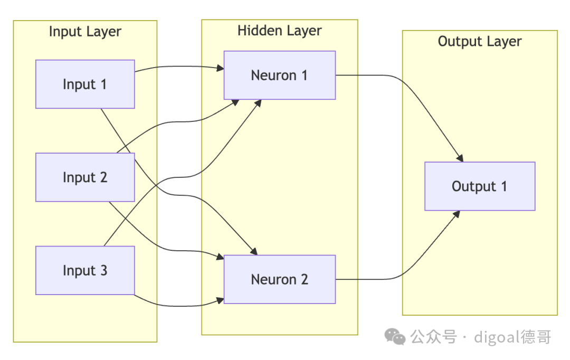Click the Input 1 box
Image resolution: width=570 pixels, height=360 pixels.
[85, 84]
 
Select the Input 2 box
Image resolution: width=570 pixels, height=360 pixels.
[85, 177]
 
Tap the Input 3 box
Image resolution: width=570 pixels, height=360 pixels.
[85, 270]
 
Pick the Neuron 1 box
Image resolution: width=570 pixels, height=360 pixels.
[280, 75]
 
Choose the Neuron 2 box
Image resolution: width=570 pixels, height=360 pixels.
[280, 279]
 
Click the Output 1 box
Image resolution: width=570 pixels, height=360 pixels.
[480, 186]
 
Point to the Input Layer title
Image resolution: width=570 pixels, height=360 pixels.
[85, 32]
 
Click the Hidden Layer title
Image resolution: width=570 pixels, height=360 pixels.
[280, 31]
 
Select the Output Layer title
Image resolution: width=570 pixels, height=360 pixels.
[480, 42]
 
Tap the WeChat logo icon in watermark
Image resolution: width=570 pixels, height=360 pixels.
[395, 336]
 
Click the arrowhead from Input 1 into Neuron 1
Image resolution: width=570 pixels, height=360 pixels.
[220, 68]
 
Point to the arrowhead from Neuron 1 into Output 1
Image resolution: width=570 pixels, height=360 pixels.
[460, 158]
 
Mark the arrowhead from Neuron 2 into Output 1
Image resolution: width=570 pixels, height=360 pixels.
[457, 214]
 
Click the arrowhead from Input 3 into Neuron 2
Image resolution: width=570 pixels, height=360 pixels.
[220, 300]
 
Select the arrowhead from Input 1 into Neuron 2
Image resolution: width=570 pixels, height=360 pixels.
[254, 251]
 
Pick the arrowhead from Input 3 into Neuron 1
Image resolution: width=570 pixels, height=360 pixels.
[258, 103]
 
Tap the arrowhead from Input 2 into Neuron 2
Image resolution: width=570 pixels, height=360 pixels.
[220, 257]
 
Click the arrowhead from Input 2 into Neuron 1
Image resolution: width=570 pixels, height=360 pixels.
[235, 102]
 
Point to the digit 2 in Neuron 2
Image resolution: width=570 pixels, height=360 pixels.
[305, 279]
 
